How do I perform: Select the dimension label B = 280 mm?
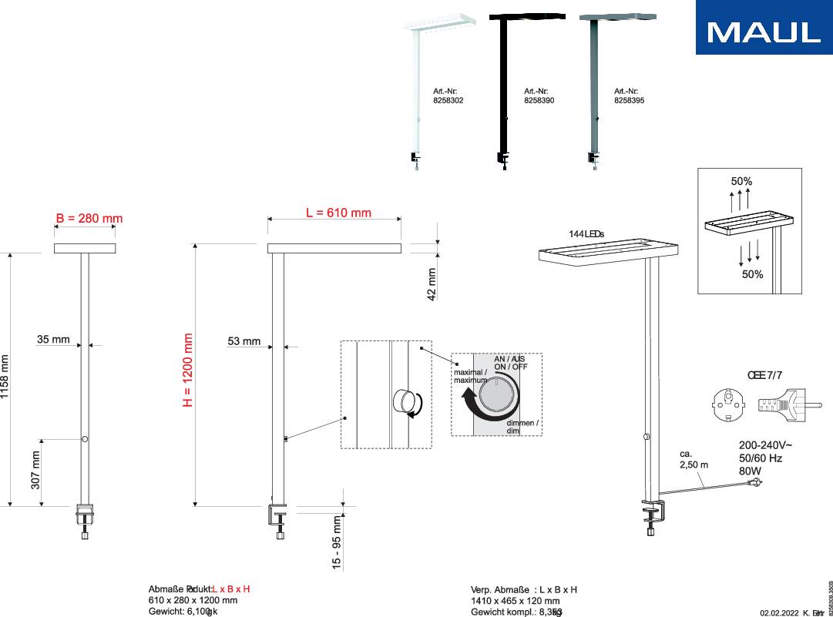89,219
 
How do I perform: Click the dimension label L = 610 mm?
338,213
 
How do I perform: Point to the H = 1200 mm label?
187,370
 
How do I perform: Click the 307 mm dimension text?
35,470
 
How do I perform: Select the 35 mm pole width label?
53,340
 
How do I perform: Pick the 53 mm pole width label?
244,341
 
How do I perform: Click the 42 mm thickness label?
432,283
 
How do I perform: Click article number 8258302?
448,100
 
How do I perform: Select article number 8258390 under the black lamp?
539,100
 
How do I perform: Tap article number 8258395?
629,100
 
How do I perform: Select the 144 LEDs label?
586,233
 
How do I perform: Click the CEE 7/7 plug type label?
765,375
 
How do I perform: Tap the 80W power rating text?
751,471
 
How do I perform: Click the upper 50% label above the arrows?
741,182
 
